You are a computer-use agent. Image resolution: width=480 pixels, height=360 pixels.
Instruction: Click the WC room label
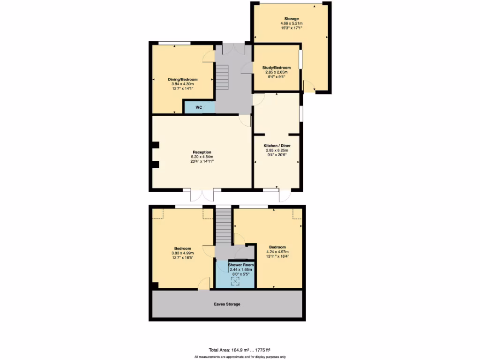click(x=199, y=107)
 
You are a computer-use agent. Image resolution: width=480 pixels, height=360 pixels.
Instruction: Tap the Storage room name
click(x=291, y=19)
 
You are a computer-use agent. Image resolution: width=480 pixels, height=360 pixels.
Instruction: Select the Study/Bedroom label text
click(x=276, y=68)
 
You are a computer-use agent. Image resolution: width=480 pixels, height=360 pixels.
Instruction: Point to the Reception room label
click(x=202, y=152)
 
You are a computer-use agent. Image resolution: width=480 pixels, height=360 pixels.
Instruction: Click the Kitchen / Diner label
click(x=276, y=146)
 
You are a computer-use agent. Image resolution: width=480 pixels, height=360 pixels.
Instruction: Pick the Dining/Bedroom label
click(x=182, y=79)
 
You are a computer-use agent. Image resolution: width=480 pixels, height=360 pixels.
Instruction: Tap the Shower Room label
click(x=240, y=265)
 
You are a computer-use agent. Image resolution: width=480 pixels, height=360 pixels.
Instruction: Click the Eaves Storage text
click(x=227, y=304)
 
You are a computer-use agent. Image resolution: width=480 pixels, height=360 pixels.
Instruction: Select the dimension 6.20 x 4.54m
click(x=202, y=157)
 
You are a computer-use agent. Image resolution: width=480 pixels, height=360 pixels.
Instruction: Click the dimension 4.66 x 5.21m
click(x=291, y=23)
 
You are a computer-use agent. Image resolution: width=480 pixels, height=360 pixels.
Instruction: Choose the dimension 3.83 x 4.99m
click(x=182, y=253)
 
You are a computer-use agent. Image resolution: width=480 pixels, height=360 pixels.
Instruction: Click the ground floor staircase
click(x=222, y=78)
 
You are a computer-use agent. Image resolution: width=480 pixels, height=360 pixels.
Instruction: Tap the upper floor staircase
click(x=224, y=225)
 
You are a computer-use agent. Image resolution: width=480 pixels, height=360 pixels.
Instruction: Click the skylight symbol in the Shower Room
click(x=236, y=281)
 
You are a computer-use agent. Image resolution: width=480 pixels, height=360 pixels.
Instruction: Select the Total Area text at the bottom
click(x=240, y=350)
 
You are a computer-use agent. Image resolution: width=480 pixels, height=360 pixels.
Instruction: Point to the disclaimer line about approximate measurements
click(x=240, y=357)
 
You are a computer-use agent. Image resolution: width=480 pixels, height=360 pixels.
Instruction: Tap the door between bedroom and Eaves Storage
click(x=203, y=284)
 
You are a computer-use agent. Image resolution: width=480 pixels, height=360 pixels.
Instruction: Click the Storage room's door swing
click(x=308, y=86)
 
